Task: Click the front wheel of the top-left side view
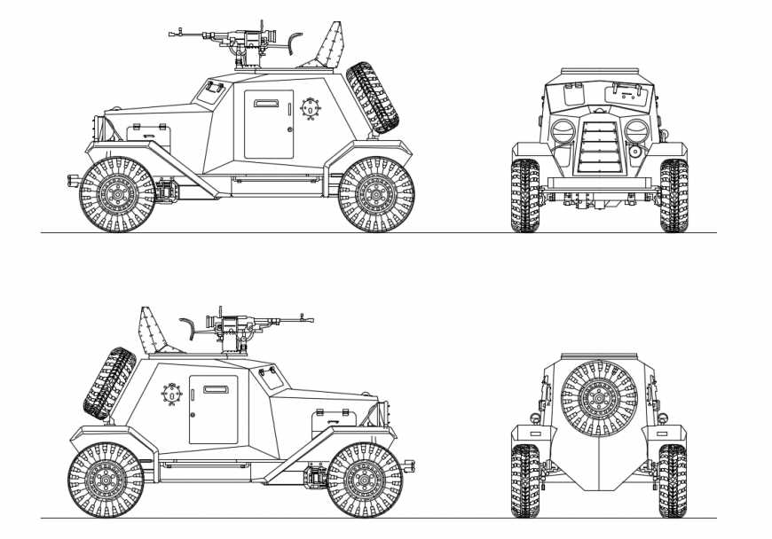tap(118, 194)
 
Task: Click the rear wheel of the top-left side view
tap(377, 194)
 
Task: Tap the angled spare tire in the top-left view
tap(373, 98)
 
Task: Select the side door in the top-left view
tap(269, 124)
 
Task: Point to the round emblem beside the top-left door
tap(311, 109)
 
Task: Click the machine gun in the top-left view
tap(235, 38)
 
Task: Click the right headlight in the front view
tap(636, 132)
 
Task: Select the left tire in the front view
tap(524, 196)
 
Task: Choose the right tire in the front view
tap(674, 196)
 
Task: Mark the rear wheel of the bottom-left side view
tap(106, 480)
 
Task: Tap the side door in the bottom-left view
tap(213, 410)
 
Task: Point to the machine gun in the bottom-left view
tap(244, 324)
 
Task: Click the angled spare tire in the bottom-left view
tap(110, 383)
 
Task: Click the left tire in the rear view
tap(524, 480)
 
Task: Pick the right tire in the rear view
tap(674, 480)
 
